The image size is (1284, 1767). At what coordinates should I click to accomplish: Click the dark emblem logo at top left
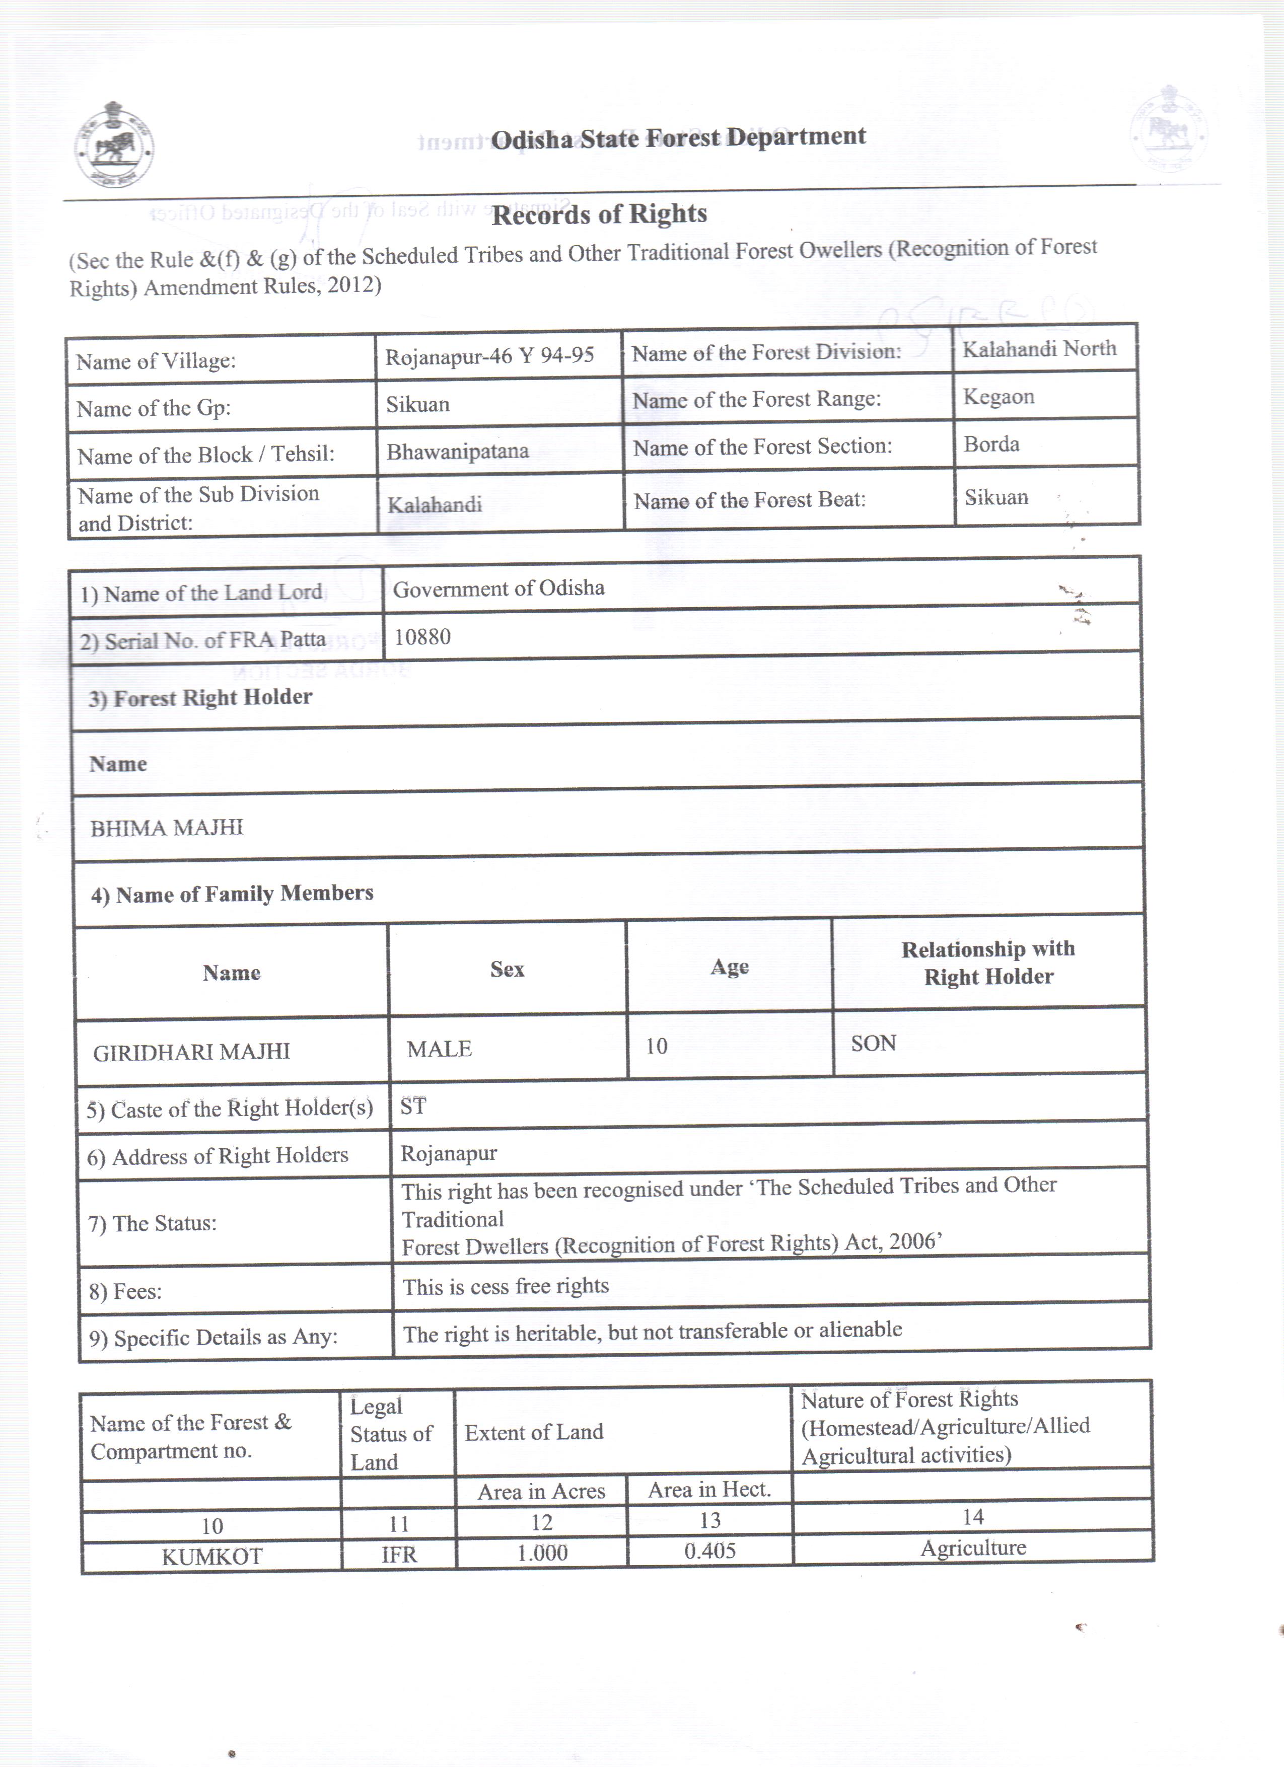[x=114, y=145]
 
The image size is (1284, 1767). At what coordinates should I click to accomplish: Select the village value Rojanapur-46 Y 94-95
[x=489, y=356]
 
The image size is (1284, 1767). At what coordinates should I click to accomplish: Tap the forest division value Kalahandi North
[x=1039, y=348]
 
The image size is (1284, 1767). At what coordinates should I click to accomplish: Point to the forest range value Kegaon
[x=998, y=397]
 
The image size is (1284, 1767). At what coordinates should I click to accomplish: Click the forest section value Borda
[x=991, y=444]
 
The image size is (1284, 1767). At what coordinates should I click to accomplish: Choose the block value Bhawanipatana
[x=457, y=451]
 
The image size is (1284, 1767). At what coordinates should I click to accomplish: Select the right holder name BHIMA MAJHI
[x=167, y=828]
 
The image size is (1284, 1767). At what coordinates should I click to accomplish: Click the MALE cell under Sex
[x=440, y=1049]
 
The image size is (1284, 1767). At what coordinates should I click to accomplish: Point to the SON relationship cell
[x=874, y=1043]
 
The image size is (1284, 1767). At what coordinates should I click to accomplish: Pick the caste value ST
[x=413, y=1107]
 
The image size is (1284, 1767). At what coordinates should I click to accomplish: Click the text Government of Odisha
[x=498, y=588]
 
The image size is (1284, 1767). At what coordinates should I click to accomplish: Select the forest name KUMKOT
[x=212, y=1557]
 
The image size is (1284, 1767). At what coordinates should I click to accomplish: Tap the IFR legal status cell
[x=399, y=1555]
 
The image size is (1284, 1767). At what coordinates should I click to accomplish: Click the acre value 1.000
[x=542, y=1553]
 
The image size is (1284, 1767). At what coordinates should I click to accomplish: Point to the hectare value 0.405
[x=710, y=1551]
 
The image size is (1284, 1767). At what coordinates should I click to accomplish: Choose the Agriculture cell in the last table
[x=973, y=1548]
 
